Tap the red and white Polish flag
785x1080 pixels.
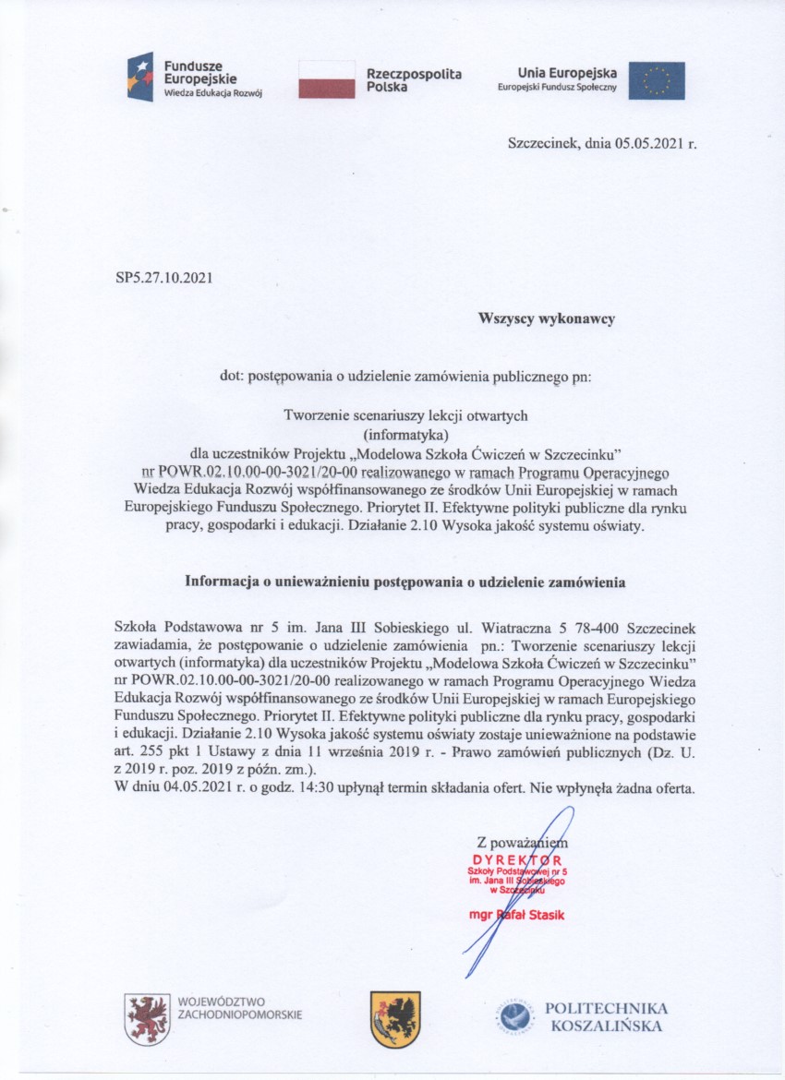click(x=327, y=79)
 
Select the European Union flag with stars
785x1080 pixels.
click(x=657, y=80)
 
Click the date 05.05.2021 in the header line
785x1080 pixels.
click(x=646, y=144)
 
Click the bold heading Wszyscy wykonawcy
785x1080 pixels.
click(x=546, y=318)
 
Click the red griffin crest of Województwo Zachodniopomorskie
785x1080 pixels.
click(x=146, y=1018)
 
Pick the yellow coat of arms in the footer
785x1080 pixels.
click(x=394, y=1018)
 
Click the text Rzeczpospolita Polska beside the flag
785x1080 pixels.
click(x=413, y=79)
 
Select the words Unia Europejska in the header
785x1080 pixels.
click(x=567, y=73)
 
